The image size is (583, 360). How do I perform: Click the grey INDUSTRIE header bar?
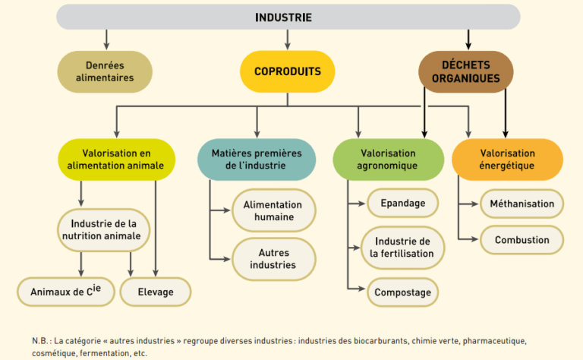tap(288, 17)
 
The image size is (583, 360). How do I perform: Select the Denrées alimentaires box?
tap(105, 71)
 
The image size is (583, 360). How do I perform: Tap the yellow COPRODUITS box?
tap(287, 71)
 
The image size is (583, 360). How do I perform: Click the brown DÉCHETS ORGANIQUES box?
tap(466, 71)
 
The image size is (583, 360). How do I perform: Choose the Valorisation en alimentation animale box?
tap(116, 159)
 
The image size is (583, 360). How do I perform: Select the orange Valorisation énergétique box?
tap(506, 159)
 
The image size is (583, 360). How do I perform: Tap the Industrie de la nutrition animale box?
tap(105, 229)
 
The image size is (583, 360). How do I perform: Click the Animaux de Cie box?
tap(59, 292)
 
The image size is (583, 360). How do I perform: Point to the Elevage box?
tap(155, 292)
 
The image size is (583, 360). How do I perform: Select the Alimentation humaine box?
tap(273, 210)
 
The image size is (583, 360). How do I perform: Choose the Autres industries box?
tap(273, 259)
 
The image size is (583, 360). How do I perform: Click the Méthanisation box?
tap(522, 204)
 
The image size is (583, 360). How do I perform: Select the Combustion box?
tap(522, 240)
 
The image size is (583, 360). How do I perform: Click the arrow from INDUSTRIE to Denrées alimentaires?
tap(106, 38)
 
